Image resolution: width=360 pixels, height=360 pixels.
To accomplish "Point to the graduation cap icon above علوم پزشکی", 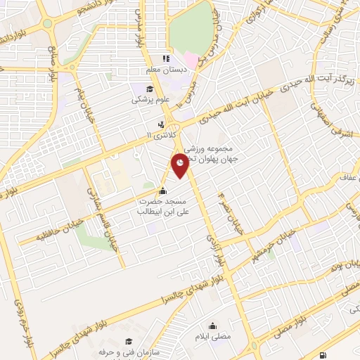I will [x=150, y=89].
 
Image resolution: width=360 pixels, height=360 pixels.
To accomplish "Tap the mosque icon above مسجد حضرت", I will [x=163, y=190].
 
